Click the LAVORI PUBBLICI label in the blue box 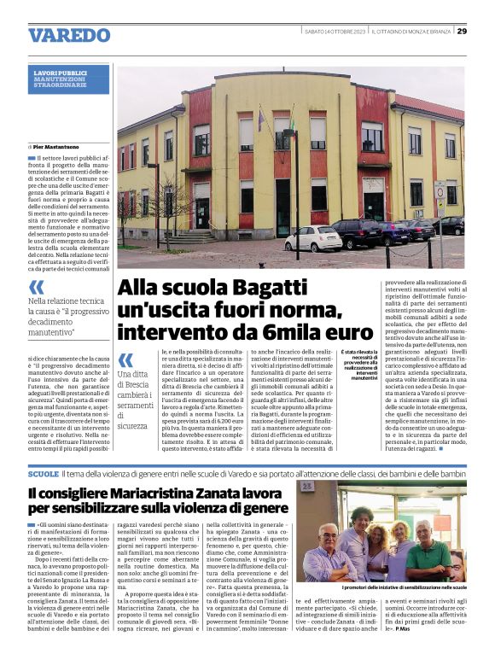pyautogui.click(x=61, y=73)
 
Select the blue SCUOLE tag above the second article pyautogui.click(x=43, y=472)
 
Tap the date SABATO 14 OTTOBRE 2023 pyautogui.click(x=335, y=32)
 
